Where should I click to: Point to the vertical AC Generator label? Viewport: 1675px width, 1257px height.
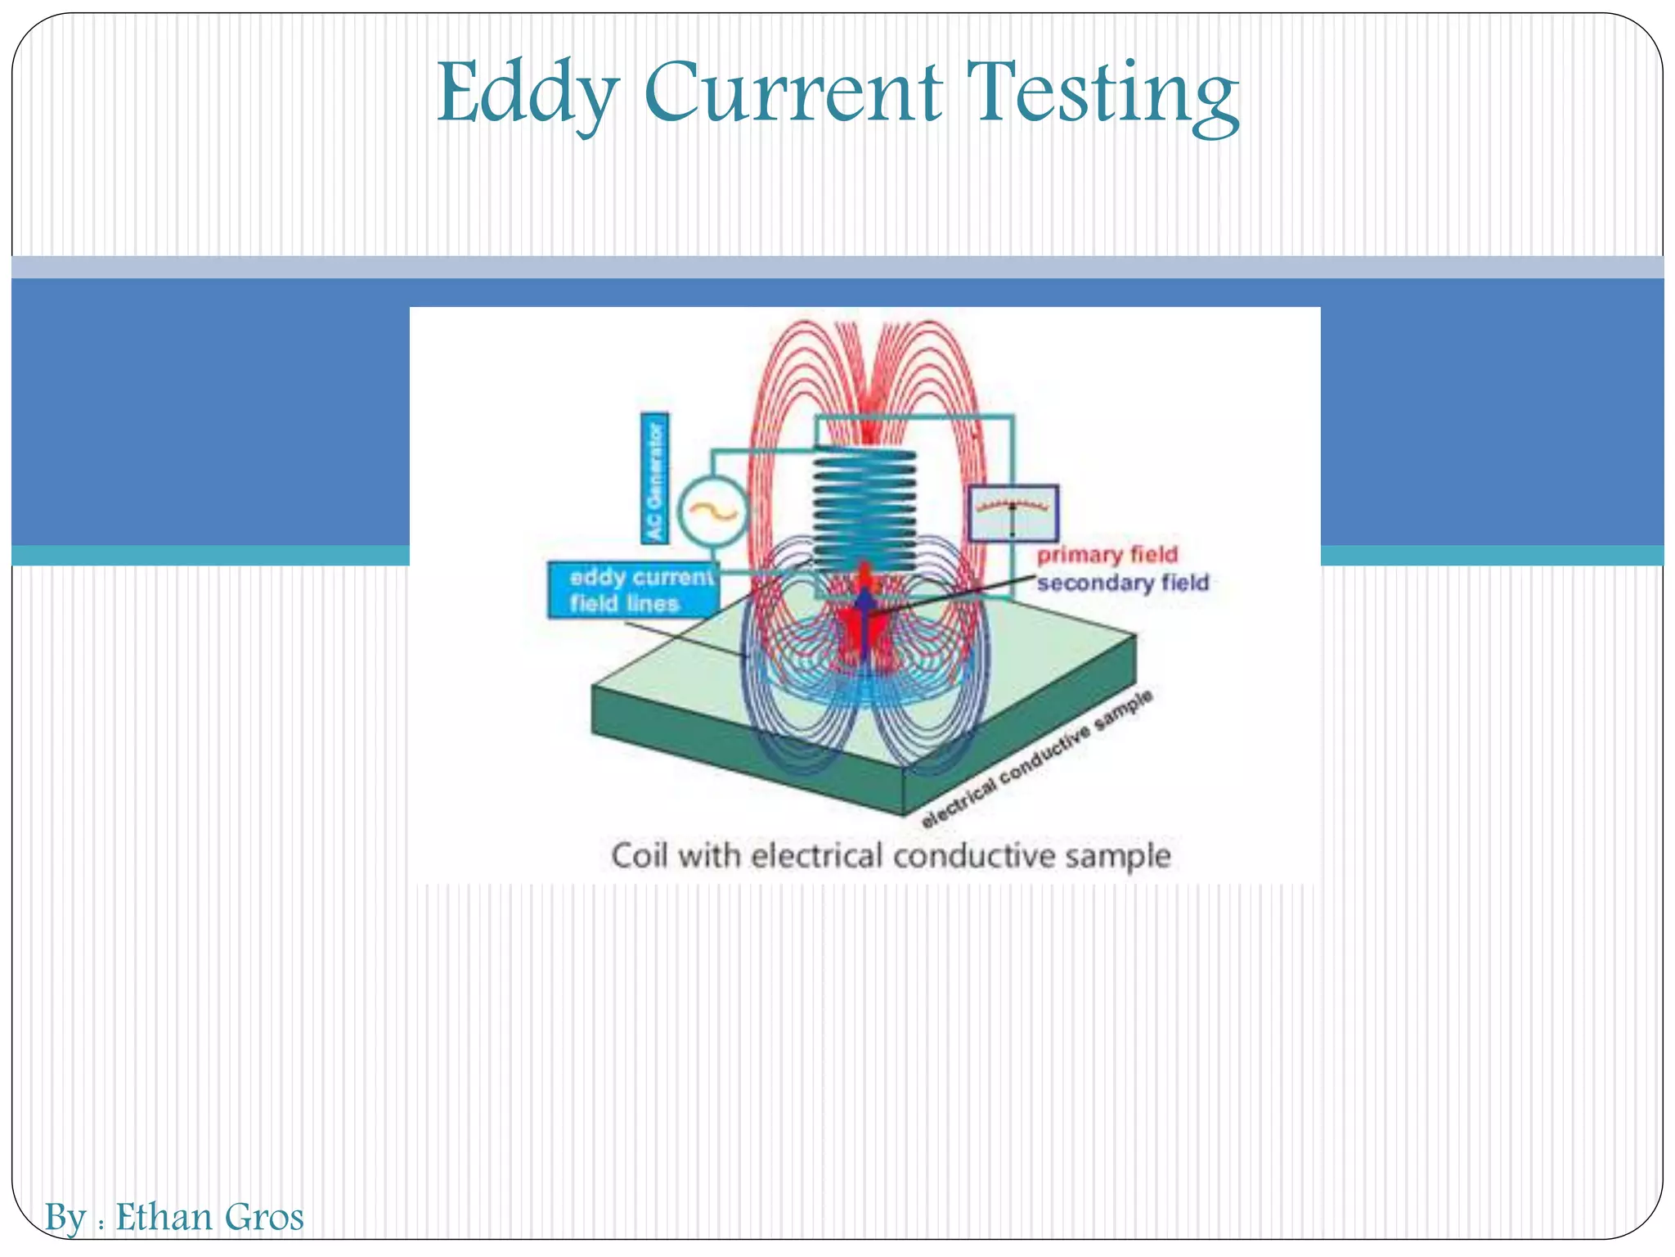tap(654, 478)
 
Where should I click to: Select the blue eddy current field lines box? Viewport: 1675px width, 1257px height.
tap(633, 589)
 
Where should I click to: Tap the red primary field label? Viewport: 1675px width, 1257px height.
tap(1107, 555)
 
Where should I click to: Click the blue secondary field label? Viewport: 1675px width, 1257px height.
tap(1122, 583)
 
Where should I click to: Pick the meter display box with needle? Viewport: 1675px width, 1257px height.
tap(1013, 513)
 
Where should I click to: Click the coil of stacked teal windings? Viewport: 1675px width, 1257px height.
tap(864, 507)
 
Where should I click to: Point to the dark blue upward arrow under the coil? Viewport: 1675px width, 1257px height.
tap(864, 622)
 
